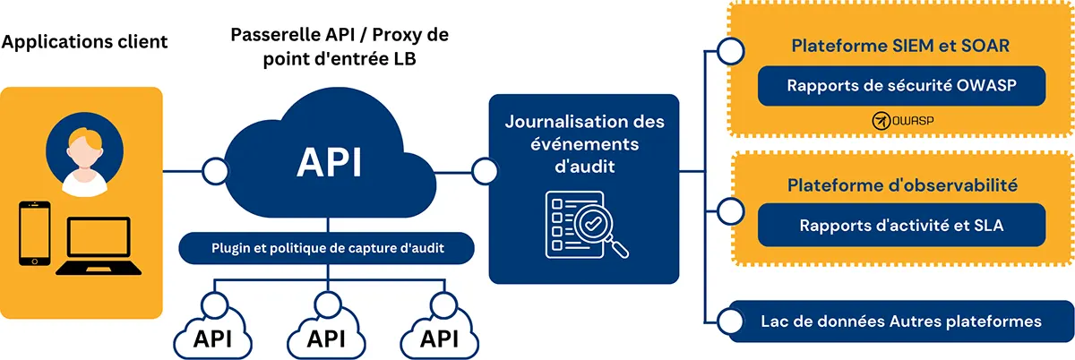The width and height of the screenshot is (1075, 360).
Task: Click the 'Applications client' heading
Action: tap(85, 42)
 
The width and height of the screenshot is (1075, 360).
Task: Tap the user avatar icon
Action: tap(85, 157)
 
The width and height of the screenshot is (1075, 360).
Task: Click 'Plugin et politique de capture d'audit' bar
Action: tap(326, 248)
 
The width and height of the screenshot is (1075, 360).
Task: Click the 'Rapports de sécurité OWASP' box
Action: tap(902, 86)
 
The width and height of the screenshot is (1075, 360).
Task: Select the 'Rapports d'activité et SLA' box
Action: tap(902, 225)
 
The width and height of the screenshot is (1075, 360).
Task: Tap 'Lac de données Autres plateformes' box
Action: tap(900, 321)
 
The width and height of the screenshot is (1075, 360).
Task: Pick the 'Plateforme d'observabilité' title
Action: tap(902, 185)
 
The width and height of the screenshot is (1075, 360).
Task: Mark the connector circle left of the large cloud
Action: tap(215, 169)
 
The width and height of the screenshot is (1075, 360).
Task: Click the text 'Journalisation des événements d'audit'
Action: tap(584, 143)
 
